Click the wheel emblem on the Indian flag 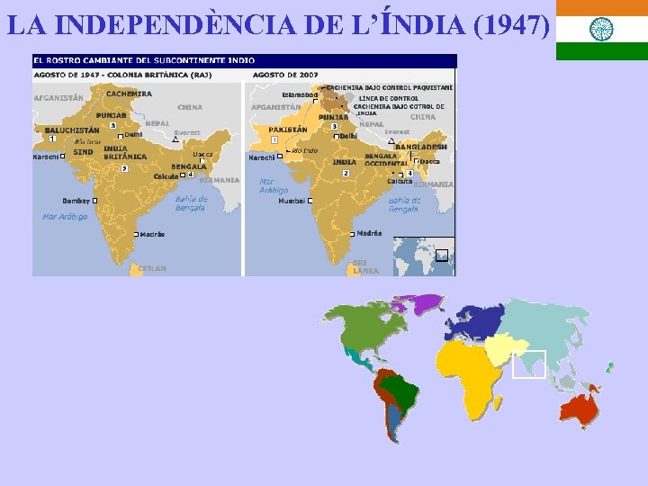601,30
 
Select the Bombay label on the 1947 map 76,201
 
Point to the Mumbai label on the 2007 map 291,201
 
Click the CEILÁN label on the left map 151,268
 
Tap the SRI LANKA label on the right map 365,266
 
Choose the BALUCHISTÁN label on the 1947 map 72,130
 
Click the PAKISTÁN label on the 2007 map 288,130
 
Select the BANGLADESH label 420,147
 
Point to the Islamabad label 300,94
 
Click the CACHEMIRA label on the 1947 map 129,94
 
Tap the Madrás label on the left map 152,234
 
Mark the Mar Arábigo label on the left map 65,216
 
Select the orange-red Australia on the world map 577,409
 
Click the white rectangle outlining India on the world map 529,364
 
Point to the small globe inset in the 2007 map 423,256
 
